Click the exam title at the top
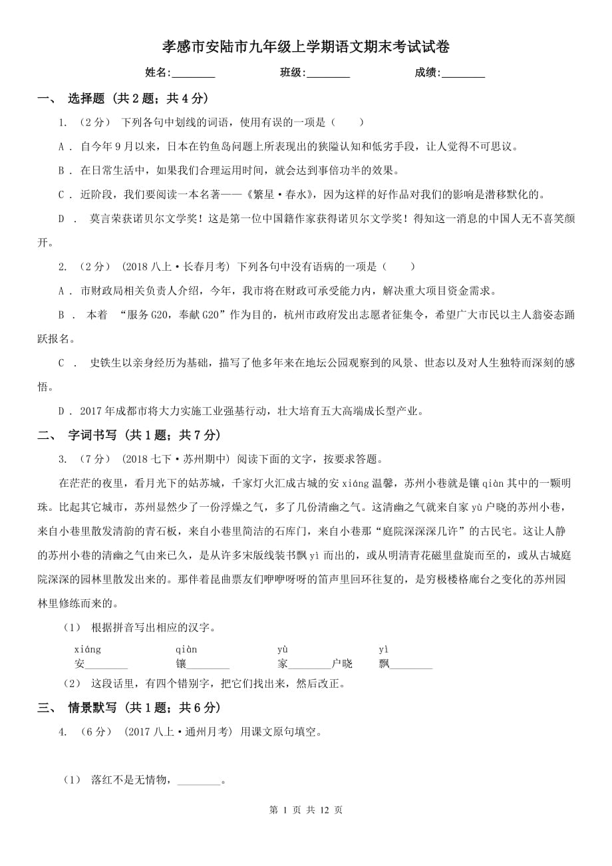(306, 47)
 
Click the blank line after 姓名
(194, 73)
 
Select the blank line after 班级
(328, 73)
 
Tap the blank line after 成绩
(463, 73)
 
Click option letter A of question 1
(62, 146)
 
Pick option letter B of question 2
(62, 315)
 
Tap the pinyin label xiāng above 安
(88, 649)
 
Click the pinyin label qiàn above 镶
(186, 649)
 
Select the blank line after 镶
(208, 664)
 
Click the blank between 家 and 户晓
(309, 664)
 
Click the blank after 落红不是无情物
(198, 780)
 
